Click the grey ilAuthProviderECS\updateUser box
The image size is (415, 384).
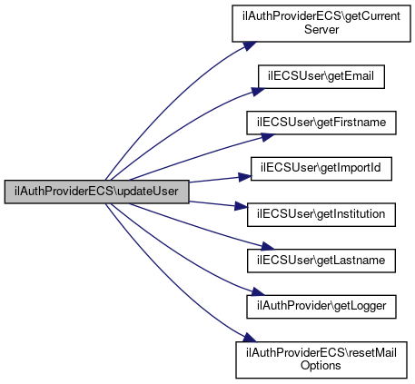point(96,192)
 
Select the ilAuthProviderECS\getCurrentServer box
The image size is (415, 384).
point(321,24)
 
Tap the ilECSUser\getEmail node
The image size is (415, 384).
point(321,76)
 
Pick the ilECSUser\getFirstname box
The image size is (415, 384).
point(321,123)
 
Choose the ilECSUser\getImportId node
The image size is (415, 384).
point(321,169)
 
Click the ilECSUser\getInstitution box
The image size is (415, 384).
point(321,214)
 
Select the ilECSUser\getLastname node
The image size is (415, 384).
point(321,261)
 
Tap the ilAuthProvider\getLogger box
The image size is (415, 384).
point(321,307)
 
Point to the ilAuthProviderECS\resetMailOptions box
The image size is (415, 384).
point(321,359)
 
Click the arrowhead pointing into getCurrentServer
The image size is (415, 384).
point(250,46)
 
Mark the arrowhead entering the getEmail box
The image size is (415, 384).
point(258,92)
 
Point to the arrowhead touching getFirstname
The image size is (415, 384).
point(268,137)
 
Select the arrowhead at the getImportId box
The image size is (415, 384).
point(244,177)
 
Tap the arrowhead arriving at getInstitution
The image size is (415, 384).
point(242,206)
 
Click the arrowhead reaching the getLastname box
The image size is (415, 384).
point(268,246)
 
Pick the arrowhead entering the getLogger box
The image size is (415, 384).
point(258,291)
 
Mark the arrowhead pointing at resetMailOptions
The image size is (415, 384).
point(250,337)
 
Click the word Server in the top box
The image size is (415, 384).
point(321,30)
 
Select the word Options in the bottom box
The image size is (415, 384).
point(321,366)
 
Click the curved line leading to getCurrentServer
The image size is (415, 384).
point(170,100)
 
